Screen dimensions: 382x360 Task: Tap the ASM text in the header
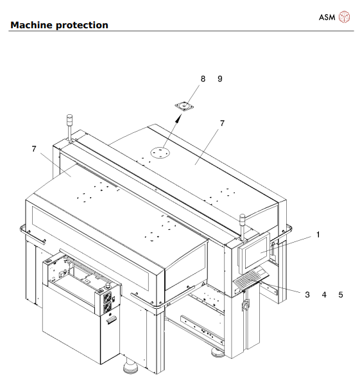point(327,17)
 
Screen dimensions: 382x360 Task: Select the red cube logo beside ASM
point(345,17)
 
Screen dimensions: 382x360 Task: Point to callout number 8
point(203,79)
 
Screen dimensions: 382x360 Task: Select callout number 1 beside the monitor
point(316,235)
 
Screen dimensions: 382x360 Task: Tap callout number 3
point(307,295)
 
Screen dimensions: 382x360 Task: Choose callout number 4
point(324,295)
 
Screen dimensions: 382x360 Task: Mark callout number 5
point(341,295)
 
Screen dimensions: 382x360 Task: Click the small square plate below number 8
point(184,106)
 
